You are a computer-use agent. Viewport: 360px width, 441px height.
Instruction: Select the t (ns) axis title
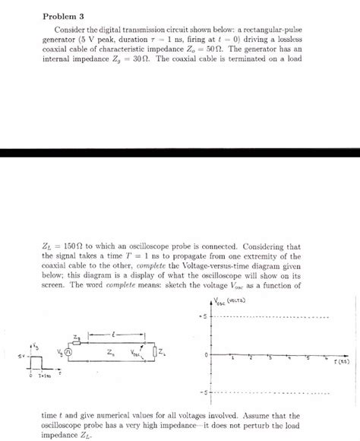pyautogui.click(x=341, y=362)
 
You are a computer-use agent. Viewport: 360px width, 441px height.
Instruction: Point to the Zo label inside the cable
pyautogui.click(x=112, y=352)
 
